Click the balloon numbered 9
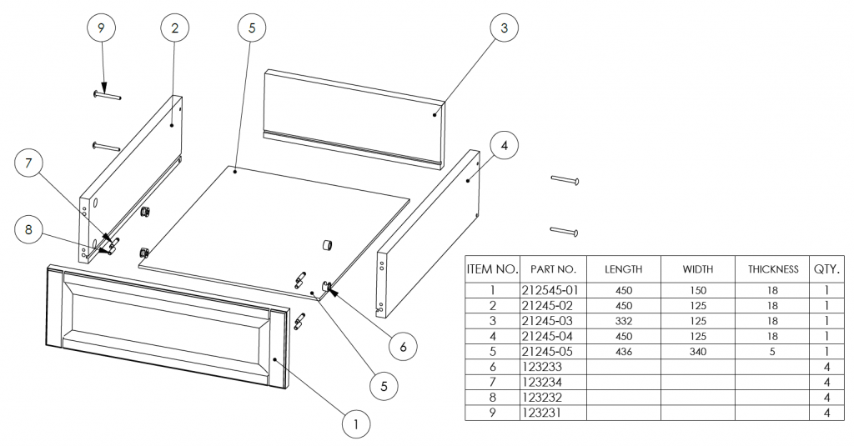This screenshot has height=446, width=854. tap(101, 28)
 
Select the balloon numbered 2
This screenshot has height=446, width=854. tap(174, 28)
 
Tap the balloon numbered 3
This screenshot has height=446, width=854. tap(503, 28)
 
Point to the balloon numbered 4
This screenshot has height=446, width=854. tap(503, 146)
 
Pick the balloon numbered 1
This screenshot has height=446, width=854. tap(356, 424)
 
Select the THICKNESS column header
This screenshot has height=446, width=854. tap(773, 269)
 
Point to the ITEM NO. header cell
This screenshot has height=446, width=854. tap(492, 269)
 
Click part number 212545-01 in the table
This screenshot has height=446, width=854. tap(553, 291)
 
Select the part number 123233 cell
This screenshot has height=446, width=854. tap(541, 367)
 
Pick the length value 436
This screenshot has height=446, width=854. tap(623, 352)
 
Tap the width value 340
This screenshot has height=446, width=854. tap(697, 352)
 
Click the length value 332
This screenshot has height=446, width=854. tap(623, 322)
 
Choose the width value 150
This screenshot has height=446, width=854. tap(697, 291)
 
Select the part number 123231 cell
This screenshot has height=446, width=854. tap(541, 413)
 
